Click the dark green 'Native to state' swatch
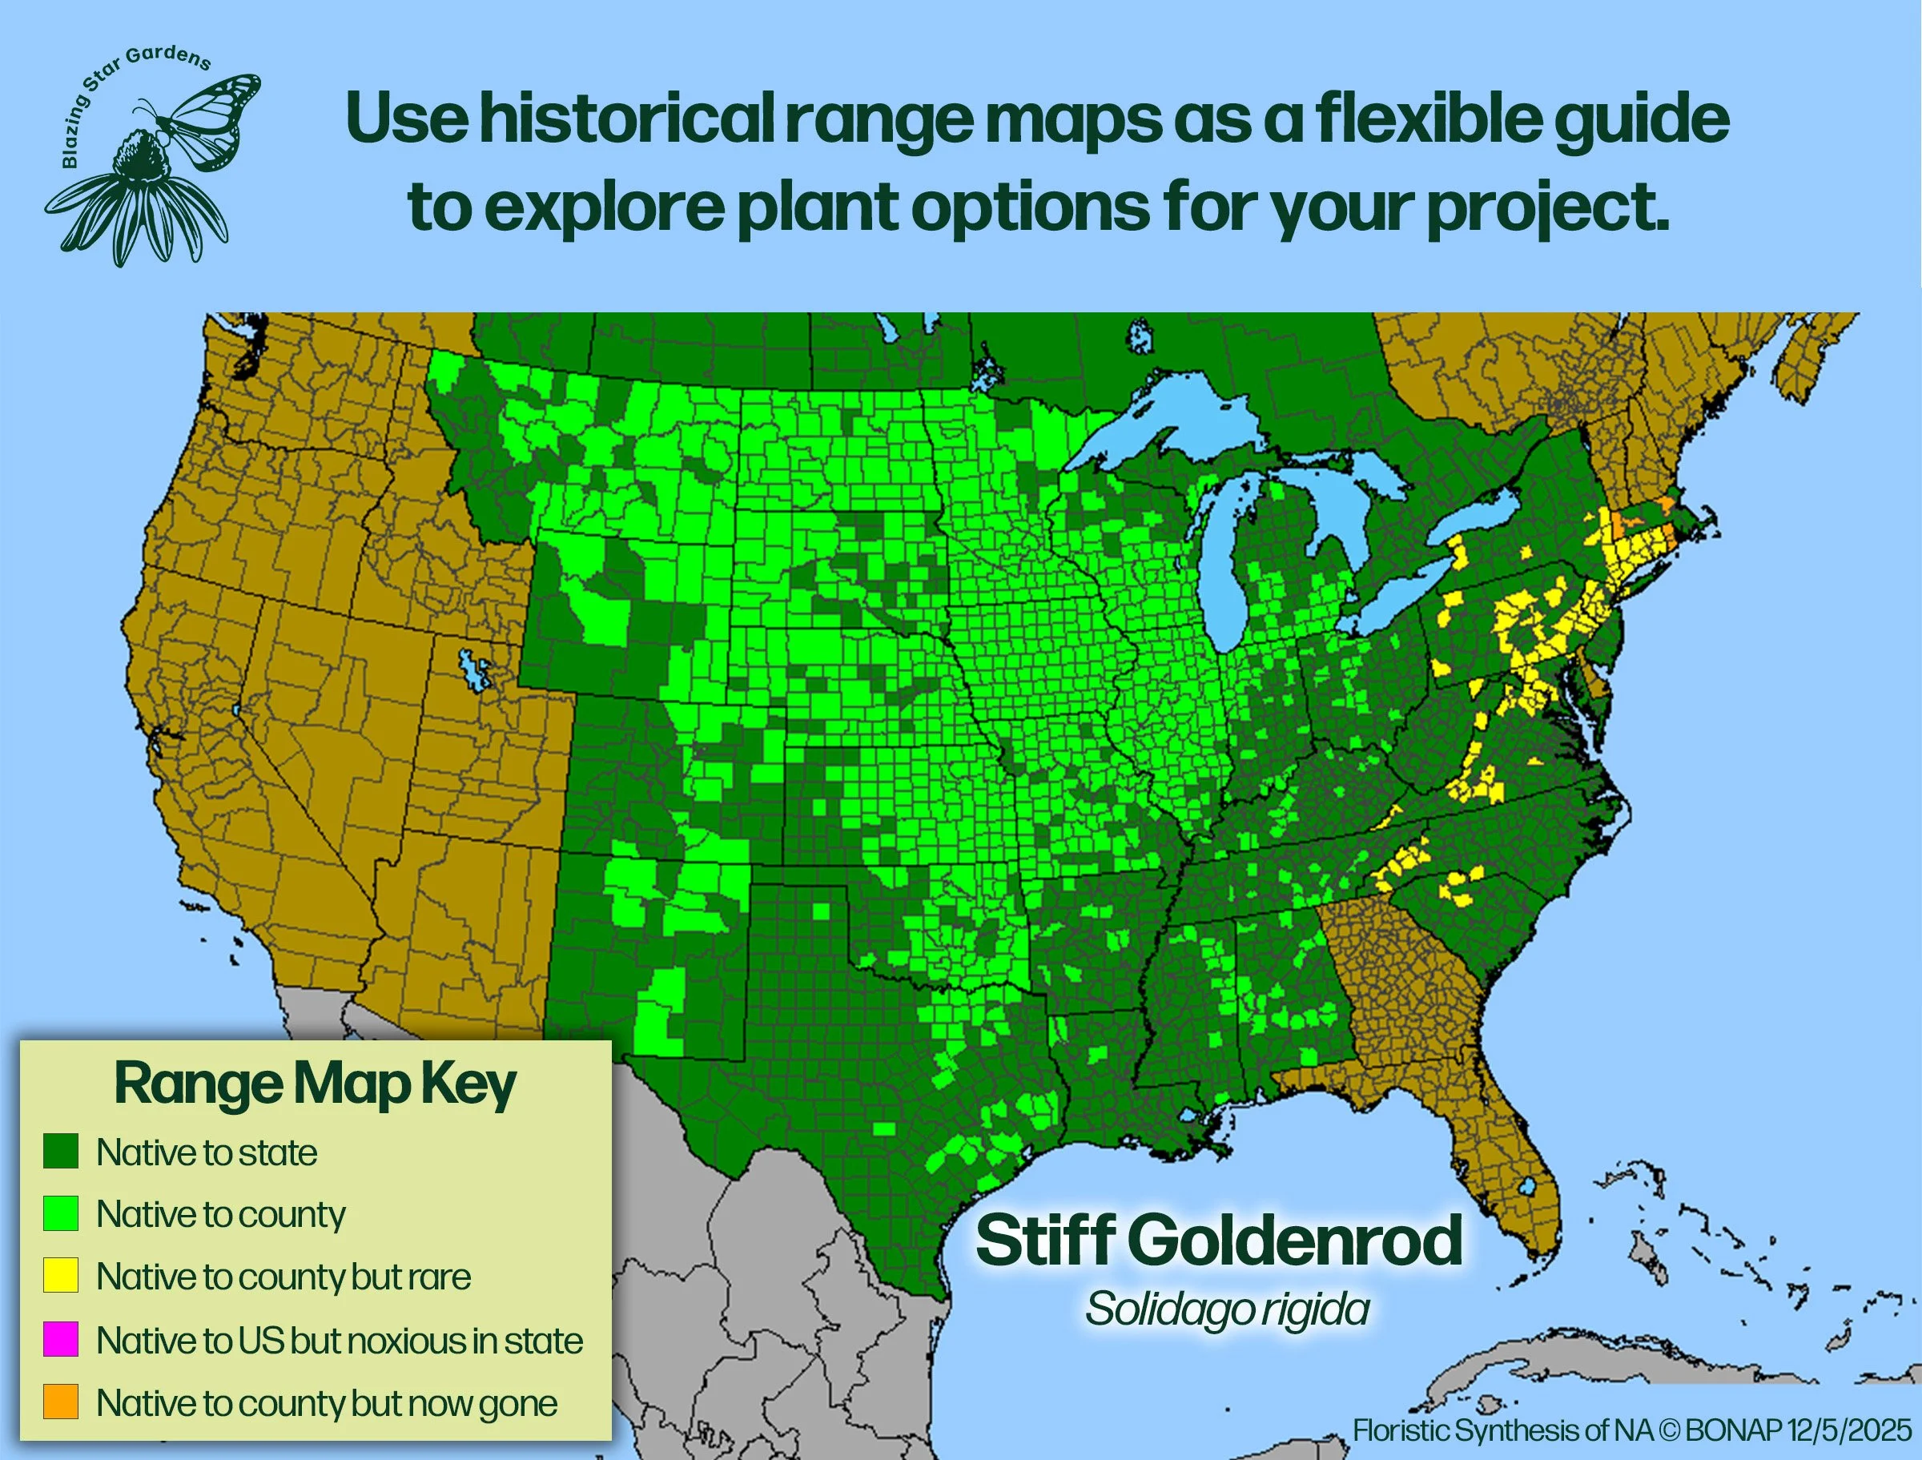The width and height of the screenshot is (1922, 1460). tap(61, 1151)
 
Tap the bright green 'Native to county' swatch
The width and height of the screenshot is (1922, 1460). tap(61, 1213)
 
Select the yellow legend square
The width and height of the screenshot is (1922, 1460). tap(61, 1276)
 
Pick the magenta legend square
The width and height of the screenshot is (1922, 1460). tap(61, 1339)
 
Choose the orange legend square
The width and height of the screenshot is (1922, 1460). tap(61, 1402)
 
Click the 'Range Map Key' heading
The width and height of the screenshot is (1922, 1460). tap(315, 1084)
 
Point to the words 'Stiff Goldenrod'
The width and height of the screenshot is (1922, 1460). tap(1218, 1241)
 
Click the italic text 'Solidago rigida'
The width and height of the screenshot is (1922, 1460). tap(1227, 1309)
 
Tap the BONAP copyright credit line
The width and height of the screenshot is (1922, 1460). tap(1632, 1430)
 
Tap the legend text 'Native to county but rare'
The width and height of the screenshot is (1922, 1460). tap(283, 1277)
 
